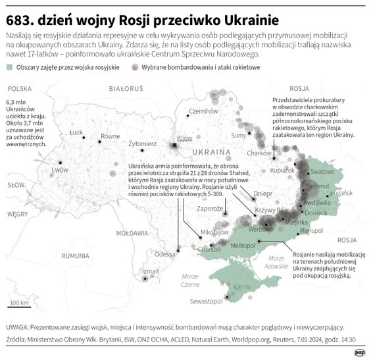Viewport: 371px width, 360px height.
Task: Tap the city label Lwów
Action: pyautogui.click(x=60, y=169)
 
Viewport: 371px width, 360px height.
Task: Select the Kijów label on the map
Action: pyautogui.click(x=184, y=138)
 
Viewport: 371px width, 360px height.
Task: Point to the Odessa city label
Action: pyautogui.click(x=165, y=253)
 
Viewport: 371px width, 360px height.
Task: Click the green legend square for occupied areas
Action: pyautogui.click(x=9, y=67)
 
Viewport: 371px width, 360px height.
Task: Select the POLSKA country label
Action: pyautogui.click(x=20, y=88)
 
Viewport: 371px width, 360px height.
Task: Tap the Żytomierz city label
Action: pyautogui.click(x=142, y=143)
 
